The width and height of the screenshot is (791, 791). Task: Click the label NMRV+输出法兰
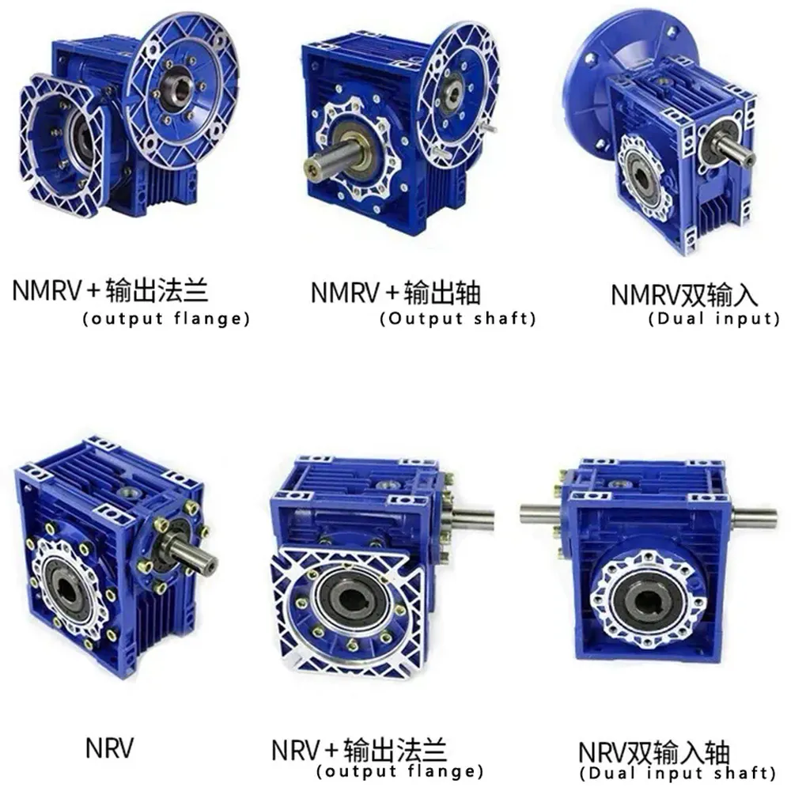111,291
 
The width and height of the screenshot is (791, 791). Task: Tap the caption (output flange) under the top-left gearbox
166,319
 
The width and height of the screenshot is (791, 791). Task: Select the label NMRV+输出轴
395,293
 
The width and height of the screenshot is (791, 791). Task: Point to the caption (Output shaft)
458,319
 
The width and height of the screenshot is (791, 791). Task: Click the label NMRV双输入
684,295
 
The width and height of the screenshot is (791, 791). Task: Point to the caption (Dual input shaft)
678,772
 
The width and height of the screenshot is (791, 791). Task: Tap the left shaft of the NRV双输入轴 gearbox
540,512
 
